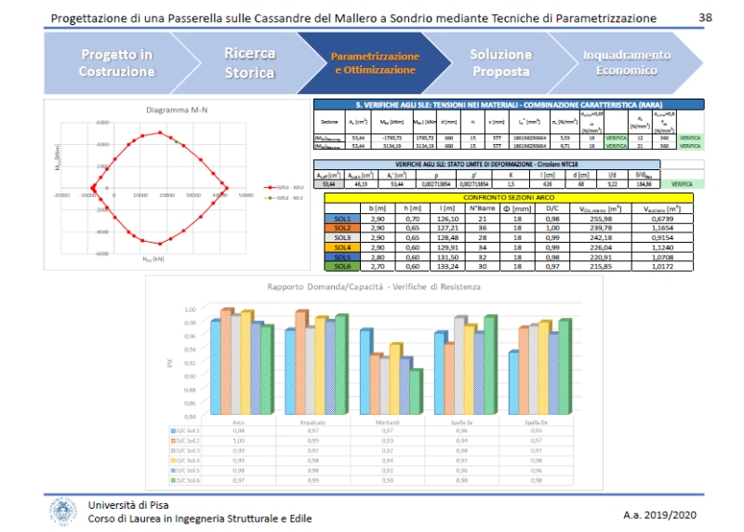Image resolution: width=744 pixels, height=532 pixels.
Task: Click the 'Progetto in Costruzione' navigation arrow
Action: tap(116, 63)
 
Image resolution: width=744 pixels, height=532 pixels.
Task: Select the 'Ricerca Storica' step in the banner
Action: tap(249, 63)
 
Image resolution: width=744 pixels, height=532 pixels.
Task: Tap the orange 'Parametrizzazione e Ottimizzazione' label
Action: tap(376, 63)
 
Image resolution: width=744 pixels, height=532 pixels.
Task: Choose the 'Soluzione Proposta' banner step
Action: tap(500, 63)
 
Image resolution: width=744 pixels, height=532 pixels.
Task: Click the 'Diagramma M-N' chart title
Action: tap(177, 111)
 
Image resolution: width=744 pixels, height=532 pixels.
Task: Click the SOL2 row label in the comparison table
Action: tap(343, 227)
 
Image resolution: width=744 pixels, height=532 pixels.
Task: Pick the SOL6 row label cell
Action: tap(343, 266)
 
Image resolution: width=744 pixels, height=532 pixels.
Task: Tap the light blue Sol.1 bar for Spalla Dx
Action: tap(513, 382)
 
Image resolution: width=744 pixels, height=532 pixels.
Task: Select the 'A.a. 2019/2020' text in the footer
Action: tap(659, 515)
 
